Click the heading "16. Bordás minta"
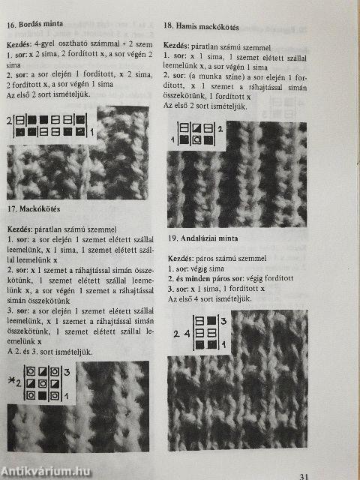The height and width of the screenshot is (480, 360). pyautogui.click(x=35, y=24)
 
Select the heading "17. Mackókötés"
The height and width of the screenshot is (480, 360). pyautogui.click(x=34, y=209)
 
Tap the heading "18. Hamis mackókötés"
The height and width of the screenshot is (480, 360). pyautogui.click(x=201, y=26)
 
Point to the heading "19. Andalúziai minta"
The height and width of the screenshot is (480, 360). pyautogui.click(x=203, y=238)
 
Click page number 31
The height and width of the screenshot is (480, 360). pyautogui.click(x=303, y=476)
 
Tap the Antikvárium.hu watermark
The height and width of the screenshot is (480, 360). pyautogui.click(x=45, y=472)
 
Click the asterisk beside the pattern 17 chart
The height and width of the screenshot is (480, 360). pyautogui.click(x=12, y=381)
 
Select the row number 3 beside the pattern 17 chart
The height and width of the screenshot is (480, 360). pyautogui.click(x=67, y=372)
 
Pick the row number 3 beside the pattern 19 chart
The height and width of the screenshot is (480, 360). pyautogui.click(x=223, y=322)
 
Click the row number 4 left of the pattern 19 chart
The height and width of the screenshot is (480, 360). pyautogui.click(x=187, y=334)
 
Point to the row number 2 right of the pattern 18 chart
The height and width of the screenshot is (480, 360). pyautogui.click(x=220, y=129)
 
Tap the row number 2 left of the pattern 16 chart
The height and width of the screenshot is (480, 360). pyautogui.click(x=10, y=121)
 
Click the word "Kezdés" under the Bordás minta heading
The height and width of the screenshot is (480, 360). pyautogui.click(x=19, y=45)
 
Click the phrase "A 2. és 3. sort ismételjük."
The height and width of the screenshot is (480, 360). pyautogui.click(x=50, y=352)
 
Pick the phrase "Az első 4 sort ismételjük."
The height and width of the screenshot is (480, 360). pyautogui.click(x=210, y=298)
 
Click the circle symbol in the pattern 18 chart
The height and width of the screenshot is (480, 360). pyautogui.click(x=196, y=140)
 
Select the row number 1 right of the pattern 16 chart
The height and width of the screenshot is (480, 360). pyautogui.click(x=91, y=132)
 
